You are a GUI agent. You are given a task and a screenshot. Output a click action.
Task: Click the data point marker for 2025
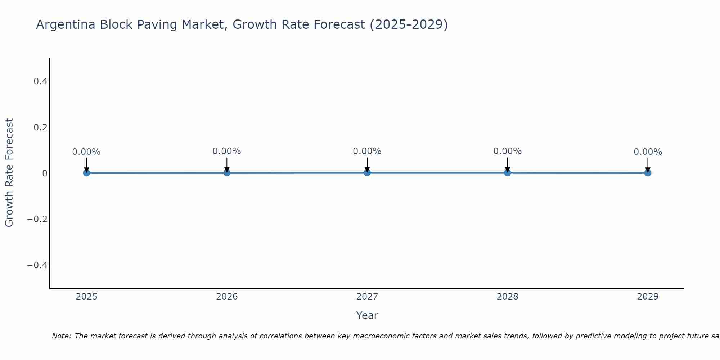click(x=86, y=173)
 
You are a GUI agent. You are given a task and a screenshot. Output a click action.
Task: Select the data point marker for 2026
click(x=227, y=173)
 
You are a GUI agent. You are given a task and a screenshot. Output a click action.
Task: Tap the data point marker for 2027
click(x=367, y=173)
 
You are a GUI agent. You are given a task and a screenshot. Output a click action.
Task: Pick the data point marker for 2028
click(x=508, y=173)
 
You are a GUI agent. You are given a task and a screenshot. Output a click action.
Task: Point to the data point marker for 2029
click(x=648, y=173)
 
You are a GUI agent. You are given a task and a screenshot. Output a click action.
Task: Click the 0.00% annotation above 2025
click(x=86, y=152)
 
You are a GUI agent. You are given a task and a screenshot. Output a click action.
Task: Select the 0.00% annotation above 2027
click(x=367, y=151)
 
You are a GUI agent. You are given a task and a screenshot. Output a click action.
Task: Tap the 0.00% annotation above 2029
click(x=648, y=152)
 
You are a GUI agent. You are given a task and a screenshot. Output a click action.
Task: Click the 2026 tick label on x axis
click(x=227, y=297)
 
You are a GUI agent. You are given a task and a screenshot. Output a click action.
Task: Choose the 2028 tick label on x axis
click(x=508, y=297)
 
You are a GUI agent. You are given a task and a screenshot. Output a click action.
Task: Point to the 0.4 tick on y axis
click(x=40, y=81)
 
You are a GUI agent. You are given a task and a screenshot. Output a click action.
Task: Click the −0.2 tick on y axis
click(x=37, y=219)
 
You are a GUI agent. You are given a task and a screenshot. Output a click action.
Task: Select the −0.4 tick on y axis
click(x=37, y=265)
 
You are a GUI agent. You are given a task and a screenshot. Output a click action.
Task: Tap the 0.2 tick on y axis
click(x=40, y=127)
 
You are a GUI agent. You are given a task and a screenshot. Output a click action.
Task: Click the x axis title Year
click(x=367, y=316)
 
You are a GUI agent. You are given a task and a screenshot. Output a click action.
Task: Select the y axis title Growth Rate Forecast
click(x=9, y=173)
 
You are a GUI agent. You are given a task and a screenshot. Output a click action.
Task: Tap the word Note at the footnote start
click(x=61, y=336)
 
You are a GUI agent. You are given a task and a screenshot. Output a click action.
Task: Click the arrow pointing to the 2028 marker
click(x=508, y=165)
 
